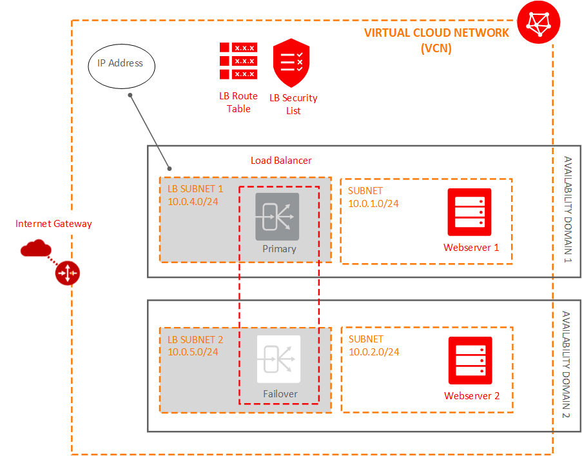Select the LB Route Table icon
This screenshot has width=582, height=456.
coord(238,61)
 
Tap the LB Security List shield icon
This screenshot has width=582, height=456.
coord(291,63)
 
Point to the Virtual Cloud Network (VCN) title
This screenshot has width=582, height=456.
coord(436,40)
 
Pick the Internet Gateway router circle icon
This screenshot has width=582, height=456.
coord(67,273)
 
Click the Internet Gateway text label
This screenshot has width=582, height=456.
coord(53,224)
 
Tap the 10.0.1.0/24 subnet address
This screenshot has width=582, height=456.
coord(373,204)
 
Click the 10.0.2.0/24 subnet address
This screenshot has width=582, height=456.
coord(374,352)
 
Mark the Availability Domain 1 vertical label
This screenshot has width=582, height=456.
coord(567,210)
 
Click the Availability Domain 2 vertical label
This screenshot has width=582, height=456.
coord(567,364)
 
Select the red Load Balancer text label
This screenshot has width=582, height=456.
coord(281,160)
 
